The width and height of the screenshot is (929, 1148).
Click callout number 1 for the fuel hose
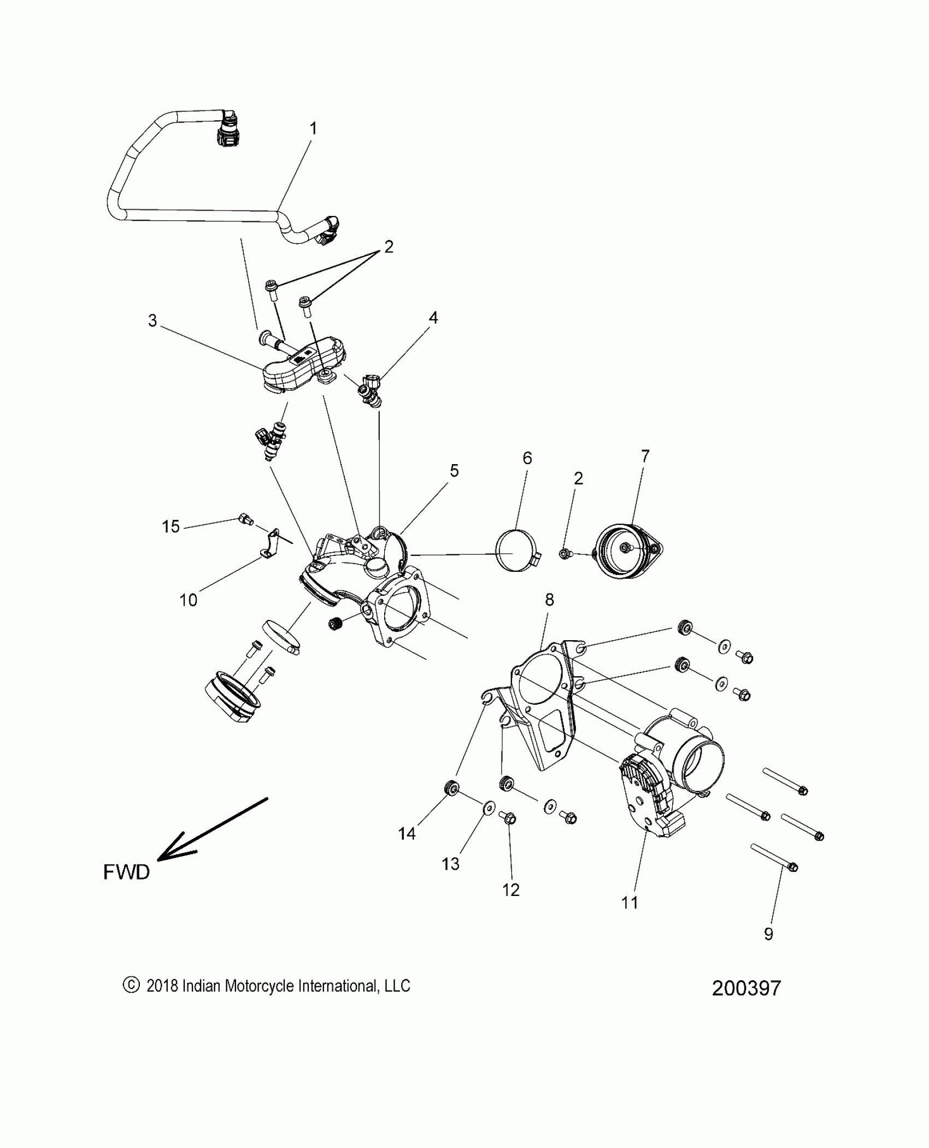point(313,129)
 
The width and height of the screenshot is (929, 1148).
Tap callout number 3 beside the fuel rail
point(152,321)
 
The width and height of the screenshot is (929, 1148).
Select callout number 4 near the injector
point(433,318)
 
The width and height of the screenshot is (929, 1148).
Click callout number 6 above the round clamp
point(527,458)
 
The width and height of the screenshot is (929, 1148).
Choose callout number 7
point(645,456)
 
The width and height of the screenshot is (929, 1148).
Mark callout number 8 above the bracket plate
point(549,600)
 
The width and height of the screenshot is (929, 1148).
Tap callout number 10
point(188,600)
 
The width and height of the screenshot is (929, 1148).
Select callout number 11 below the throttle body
point(630,903)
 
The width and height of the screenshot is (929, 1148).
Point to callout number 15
point(170,526)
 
